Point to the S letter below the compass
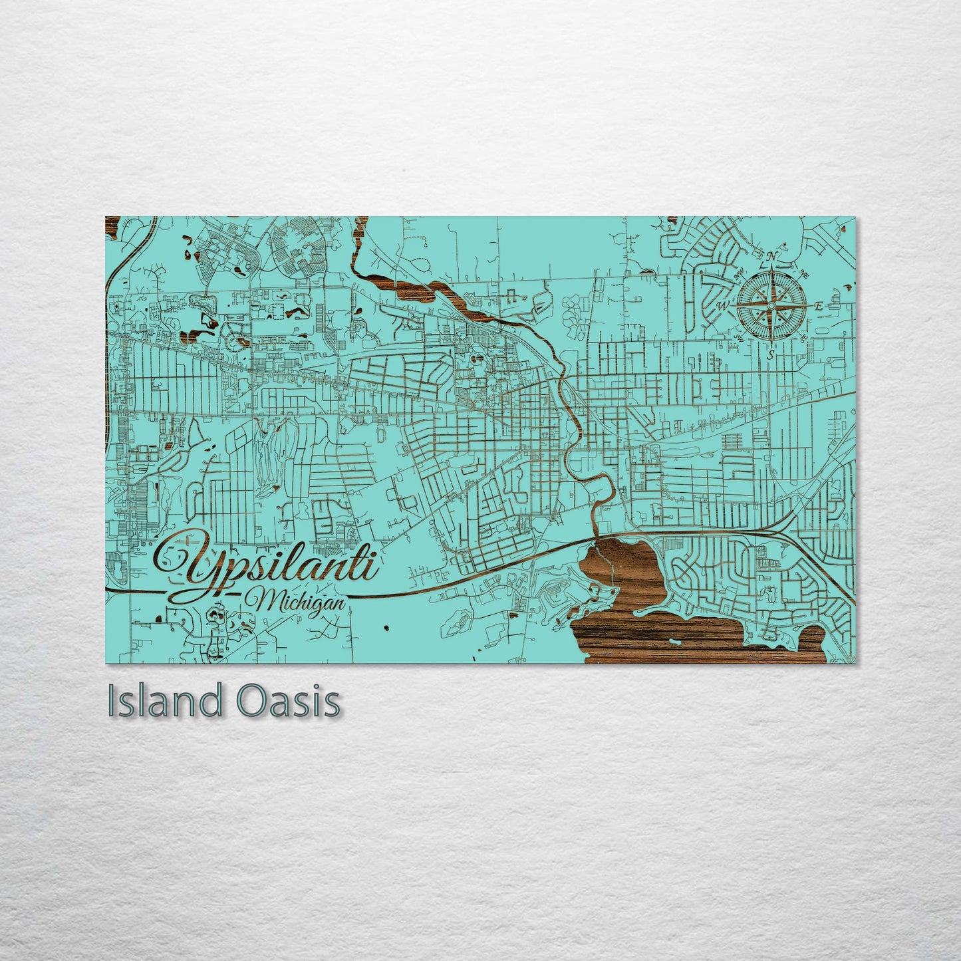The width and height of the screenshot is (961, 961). pos(770,355)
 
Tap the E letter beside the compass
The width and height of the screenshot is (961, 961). pos(819,306)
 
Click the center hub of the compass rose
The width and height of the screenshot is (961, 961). pos(770,305)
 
